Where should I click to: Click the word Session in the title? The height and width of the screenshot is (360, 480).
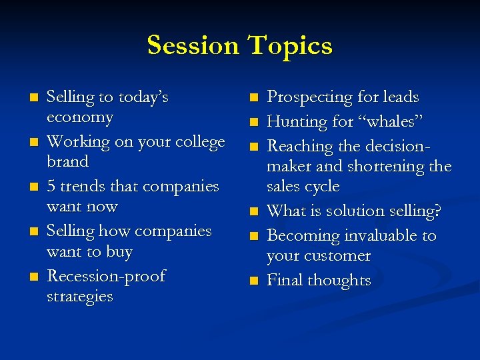tap(193, 45)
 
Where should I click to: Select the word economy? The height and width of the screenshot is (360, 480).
tap(79, 117)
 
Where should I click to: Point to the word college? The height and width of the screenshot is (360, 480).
tap(198, 142)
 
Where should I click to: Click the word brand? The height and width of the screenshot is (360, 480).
tap(67, 162)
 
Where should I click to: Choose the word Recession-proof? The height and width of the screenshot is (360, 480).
tap(106, 276)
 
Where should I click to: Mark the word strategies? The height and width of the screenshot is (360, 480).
tap(79, 297)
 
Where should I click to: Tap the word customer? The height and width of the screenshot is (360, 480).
tap(337, 256)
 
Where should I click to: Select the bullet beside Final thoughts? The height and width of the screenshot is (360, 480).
tap(253, 281)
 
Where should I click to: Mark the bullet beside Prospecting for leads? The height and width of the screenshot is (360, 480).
tap(253, 98)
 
